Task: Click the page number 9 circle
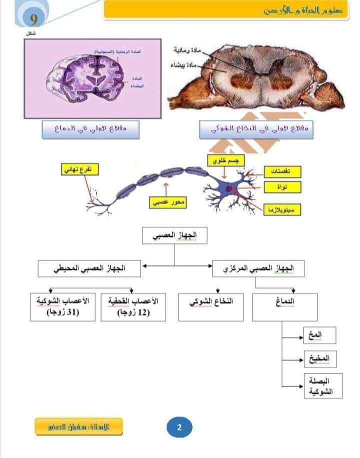[x=33, y=20]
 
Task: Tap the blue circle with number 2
[x=179, y=427]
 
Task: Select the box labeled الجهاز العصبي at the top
[x=174, y=236]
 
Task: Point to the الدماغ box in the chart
[x=284, y=306]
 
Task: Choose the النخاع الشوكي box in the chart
[x=211, y=306]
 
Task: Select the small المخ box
[x=319, y=335]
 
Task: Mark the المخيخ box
[x=320, y=358]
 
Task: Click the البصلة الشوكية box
[x=323, y=386]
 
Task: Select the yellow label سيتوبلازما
[x=282, y=209]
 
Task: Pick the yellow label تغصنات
[x=282, y=171]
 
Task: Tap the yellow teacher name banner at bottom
[x=78, y=426]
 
